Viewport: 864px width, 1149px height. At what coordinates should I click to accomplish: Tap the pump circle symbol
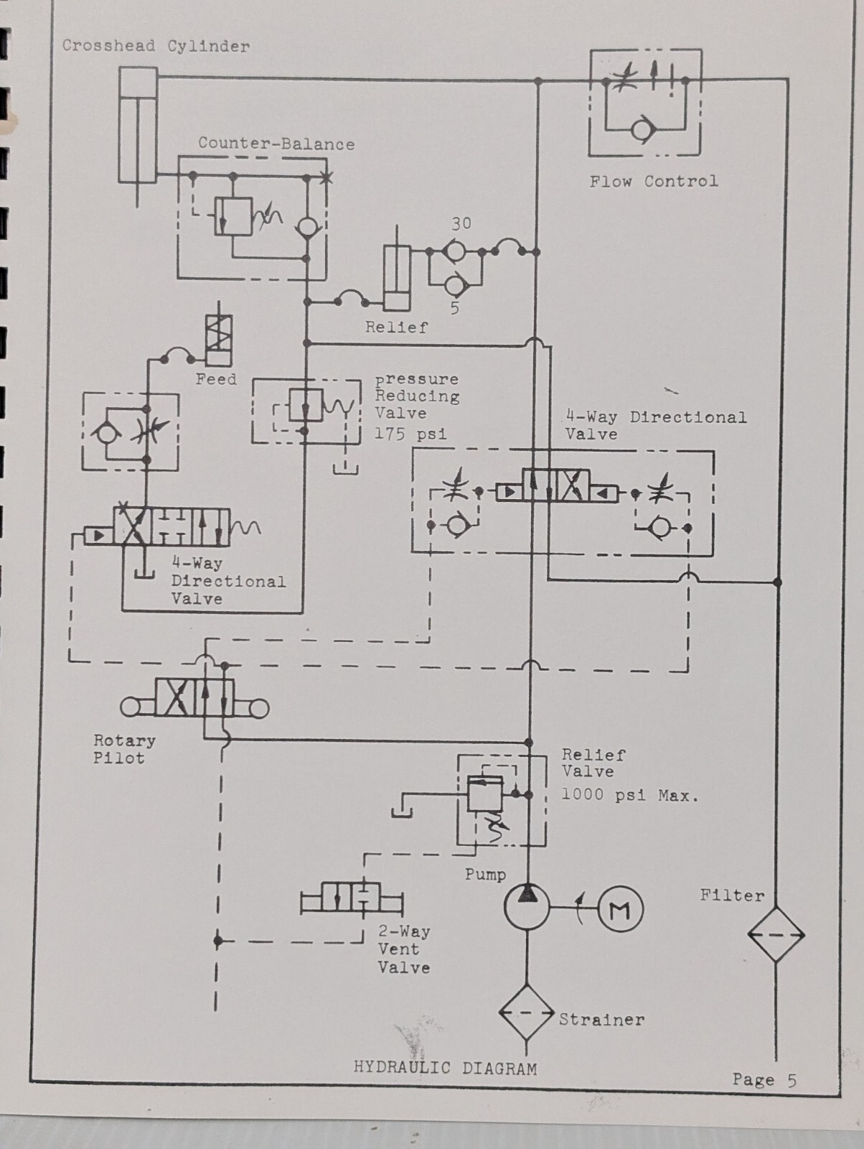[x=527, y=907]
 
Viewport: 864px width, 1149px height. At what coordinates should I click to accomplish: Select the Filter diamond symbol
[x=776, y=934]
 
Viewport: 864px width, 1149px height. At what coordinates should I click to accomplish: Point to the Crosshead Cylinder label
[x=156, y=46]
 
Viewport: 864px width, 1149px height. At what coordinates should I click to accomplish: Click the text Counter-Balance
[x=276, y=144]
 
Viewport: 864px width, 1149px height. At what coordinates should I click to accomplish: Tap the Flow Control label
[x=654, y=182]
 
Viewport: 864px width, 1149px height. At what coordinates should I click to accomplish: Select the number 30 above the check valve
[x=461, y=223]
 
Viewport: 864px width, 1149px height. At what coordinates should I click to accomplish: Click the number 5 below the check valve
[x=455, y=308]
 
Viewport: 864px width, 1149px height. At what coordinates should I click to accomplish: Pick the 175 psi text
[x=411, y=434]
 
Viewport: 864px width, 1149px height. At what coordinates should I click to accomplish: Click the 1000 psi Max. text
[x=630, y=795]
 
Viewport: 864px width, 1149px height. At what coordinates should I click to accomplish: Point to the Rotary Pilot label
[x=124, y=748]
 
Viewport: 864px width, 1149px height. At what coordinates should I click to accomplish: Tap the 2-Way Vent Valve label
[x=404, y=949]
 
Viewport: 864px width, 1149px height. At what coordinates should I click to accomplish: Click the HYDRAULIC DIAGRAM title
[x=445, y=1067]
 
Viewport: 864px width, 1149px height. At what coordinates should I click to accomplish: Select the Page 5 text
[x=764, y=1079]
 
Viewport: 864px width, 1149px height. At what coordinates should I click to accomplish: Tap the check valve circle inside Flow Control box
[x=643, y=130]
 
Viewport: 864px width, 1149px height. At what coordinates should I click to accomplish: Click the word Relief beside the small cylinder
[x=396, y=327]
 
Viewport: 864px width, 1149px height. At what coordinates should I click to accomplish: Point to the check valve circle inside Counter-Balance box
[x=306, y=227]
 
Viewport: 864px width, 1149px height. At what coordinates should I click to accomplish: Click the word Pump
[x=485, y=875]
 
